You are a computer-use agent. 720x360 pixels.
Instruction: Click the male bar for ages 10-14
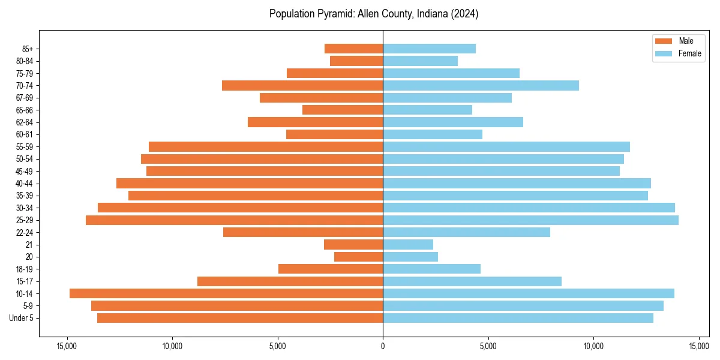click(x=226, y=293)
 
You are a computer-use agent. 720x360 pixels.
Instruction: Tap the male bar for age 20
click(x=359, y=257)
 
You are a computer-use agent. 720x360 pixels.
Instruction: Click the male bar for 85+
click(x=354, y=49)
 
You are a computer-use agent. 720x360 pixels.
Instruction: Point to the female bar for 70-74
click(x=481, y=85)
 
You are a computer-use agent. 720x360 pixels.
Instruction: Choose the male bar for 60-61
click(x=335, y=134)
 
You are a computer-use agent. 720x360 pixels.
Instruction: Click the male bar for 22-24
click(x=303, y=232)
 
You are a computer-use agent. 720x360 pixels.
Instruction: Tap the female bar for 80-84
click(x=420, y=61)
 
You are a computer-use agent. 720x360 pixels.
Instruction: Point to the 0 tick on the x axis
click(x=383, y=346)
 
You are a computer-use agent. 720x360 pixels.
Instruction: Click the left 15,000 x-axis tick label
click(x=67, y=346)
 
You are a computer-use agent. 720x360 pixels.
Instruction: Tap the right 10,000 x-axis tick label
click(x=593, y=346)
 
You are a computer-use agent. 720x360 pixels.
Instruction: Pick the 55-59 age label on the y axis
click(x=25, y=146)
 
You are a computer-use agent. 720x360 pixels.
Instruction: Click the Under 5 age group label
click(x=22, y=318)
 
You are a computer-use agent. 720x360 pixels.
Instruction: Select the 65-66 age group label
click(x=25, y=110)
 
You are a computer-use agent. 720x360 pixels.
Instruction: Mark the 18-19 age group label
click(x=25, y=269)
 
